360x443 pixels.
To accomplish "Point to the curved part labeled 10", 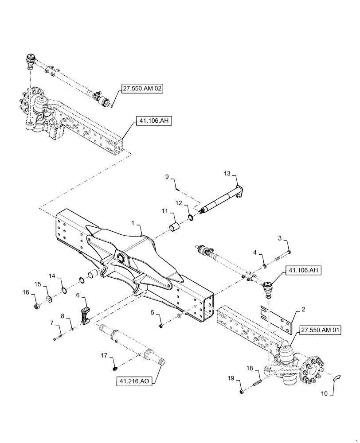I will tap(337, 377).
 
